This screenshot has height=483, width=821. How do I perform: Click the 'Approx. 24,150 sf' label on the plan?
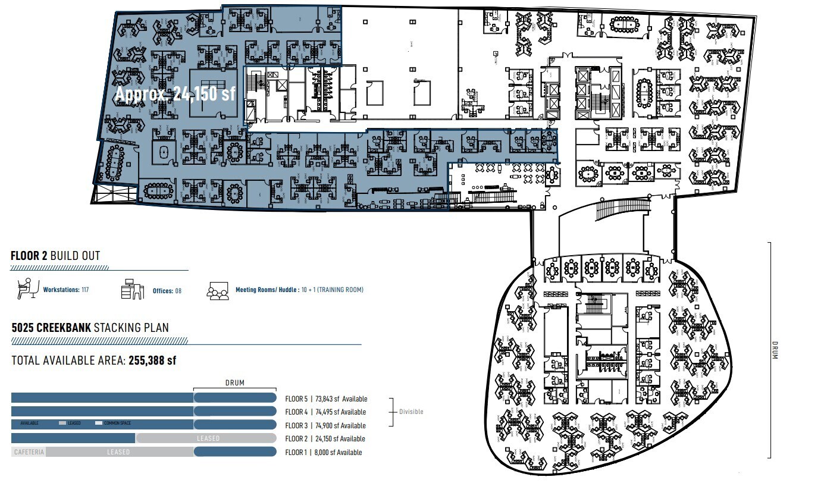point(175,94)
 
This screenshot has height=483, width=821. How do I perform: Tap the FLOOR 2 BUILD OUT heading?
point(55,256)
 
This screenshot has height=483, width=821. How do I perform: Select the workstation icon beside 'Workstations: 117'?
point(26,289)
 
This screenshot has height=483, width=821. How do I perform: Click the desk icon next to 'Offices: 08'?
point(133,289)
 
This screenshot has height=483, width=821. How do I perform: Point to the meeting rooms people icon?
point(217,290)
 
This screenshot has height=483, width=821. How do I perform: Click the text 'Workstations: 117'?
point(66,290)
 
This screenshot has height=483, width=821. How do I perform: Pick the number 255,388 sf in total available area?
point(152,360)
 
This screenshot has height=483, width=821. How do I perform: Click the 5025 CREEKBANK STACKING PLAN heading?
point(90,327)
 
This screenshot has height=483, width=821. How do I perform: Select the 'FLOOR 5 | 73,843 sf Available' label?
point(326,399)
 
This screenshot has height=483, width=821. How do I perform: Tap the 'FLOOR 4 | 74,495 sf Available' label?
point(326,412)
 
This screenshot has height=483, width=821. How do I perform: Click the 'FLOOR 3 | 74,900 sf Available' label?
point(325,425)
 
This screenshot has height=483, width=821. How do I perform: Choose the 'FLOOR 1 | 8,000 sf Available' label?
point(323,452)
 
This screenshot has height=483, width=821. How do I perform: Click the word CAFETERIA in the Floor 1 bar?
point(29,452)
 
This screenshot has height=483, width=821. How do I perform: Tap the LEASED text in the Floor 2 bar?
point(208,438)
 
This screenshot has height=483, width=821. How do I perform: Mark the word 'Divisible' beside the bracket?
point(411,412)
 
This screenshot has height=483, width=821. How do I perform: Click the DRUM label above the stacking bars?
point(234,383)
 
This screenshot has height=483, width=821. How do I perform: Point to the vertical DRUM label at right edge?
point(774,349)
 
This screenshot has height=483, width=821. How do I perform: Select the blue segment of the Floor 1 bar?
point(235,452)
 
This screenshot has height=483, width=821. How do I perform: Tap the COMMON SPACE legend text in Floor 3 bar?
point(114,424)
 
